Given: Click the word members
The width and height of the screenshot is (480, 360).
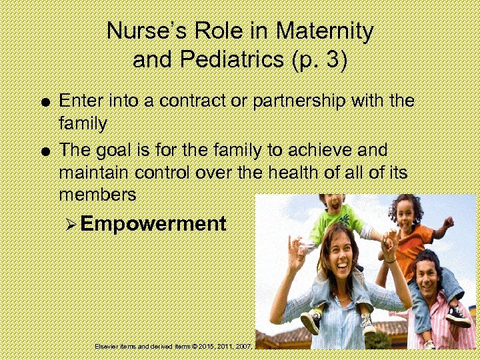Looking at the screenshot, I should (x=97, y=195).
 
